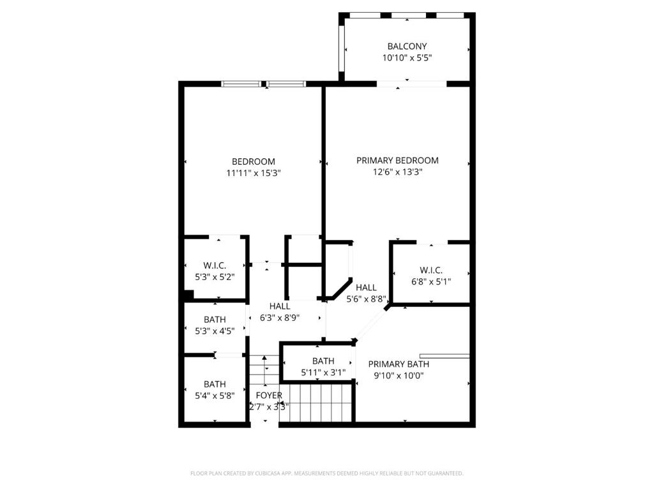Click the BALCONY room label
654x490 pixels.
(407, 46)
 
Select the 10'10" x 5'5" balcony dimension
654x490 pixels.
(407, 58)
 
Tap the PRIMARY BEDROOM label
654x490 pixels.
(397, 160)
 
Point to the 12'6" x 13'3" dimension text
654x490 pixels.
(397, 172)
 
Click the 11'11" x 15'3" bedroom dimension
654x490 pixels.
(254, 173)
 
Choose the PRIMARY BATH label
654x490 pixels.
(399, 364)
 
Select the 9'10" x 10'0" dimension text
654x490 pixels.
(399, 375)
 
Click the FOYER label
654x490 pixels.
(269, 396)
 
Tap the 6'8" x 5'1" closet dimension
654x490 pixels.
(431, 281)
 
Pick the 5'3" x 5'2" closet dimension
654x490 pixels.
(215, 277)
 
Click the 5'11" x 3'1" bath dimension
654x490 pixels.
(323, 373)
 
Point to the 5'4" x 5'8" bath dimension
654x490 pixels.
(215, 396)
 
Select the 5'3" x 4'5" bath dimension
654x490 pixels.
(215, 331)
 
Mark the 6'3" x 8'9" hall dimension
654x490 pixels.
(280, 318)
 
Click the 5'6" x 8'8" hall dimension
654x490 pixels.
(366, 299)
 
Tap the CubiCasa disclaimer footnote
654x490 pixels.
(327, 473)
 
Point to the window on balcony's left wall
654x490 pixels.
(341, 48)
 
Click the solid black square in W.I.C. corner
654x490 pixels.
(189, 295)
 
